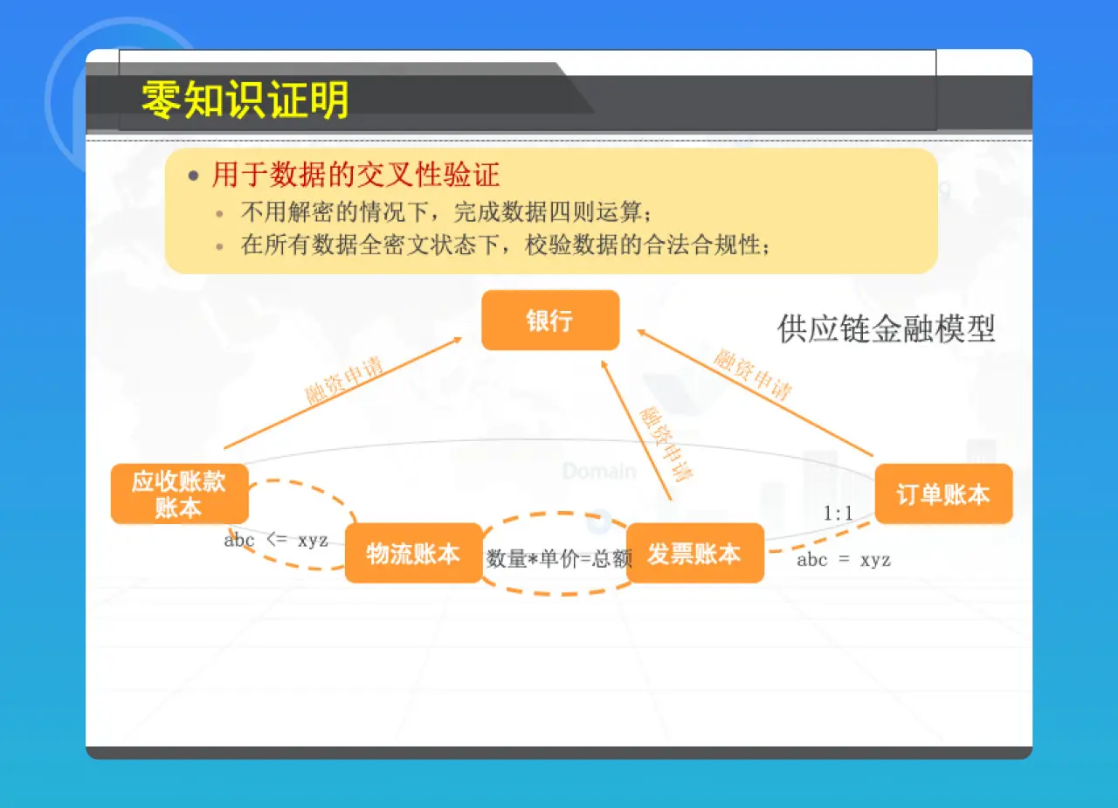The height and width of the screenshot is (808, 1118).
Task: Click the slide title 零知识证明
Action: tap(245, 100)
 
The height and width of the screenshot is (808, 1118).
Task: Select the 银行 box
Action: tap(550, 321)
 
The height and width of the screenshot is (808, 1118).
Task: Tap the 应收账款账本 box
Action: tap(179, 494)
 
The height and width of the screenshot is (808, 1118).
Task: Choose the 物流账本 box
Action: tap(413, 553)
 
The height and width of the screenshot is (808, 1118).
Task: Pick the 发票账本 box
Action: tap(694, 553)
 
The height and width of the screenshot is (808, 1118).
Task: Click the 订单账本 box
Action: tap(943, 494)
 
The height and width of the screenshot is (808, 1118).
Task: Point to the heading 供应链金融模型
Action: tap(887, 328)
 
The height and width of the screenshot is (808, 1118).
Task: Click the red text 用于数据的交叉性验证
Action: tap(355, 175)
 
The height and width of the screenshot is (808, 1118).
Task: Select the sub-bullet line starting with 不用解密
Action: tap(446, 212)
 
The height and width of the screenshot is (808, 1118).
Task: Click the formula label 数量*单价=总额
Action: tap(559, 559)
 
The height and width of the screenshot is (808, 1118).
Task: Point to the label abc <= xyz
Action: tap(276, 540)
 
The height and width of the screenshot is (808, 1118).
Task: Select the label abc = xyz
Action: tap(844, 560)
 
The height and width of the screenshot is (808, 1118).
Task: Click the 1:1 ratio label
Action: tap(838, 514)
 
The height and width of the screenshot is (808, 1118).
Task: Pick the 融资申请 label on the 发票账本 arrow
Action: tap(666, 444)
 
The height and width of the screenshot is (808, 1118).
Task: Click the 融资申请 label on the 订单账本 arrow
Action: tap(753, 374)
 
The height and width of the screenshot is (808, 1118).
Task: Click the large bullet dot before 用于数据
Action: tap(194, 176)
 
